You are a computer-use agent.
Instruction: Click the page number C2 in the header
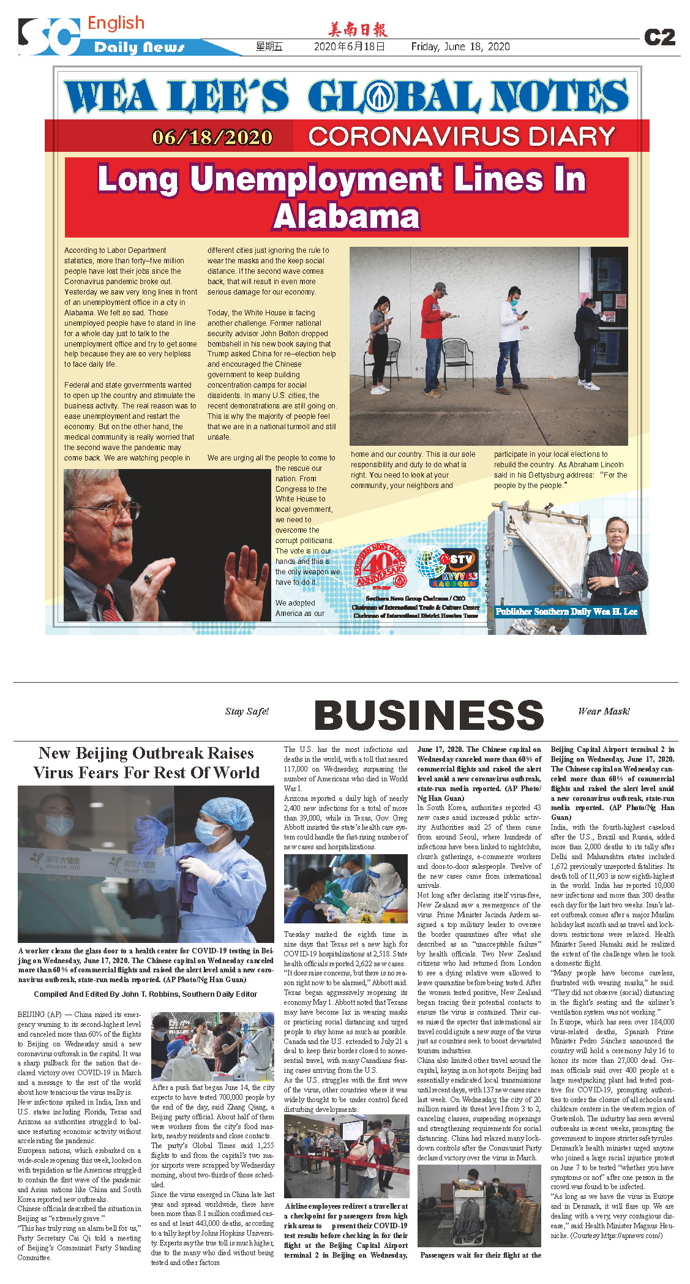659,37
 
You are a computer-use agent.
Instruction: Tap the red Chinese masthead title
358,29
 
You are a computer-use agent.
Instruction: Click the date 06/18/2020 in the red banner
212,137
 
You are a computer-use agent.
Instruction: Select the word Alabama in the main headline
347,216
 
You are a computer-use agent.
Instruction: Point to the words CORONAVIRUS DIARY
462,137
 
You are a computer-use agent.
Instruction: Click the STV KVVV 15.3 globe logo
446,567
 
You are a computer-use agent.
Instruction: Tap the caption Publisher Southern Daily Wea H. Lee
566,611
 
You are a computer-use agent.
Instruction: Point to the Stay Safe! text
247,711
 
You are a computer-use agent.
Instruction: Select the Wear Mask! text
604,711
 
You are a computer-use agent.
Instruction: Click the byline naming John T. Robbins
146,994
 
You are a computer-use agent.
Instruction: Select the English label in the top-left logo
116,23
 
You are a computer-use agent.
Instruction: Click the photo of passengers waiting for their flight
479,1206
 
